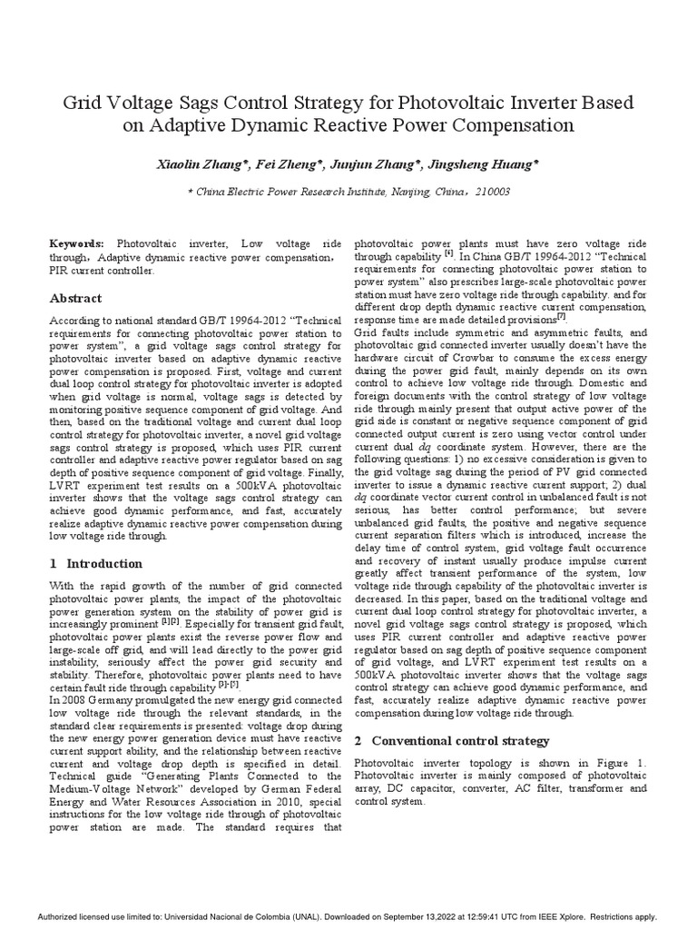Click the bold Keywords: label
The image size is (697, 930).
[77, 245]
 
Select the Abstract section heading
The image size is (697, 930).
[75, 298]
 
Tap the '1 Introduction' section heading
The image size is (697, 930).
[95, 563]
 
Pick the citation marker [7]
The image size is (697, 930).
[562, 317]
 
